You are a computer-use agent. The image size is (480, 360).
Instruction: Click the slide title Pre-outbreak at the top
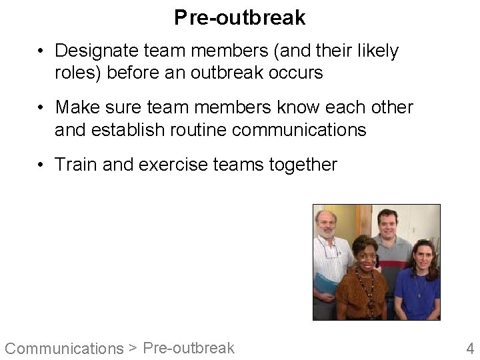(x=240, y=18)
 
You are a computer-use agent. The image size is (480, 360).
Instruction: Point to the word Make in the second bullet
(x=77, y=107)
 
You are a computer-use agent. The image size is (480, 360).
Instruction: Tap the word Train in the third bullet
(x=75, y=164)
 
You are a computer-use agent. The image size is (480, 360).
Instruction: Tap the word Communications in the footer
(x=64, y=348)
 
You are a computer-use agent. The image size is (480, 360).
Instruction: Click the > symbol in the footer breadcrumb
(x=133, y=347)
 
